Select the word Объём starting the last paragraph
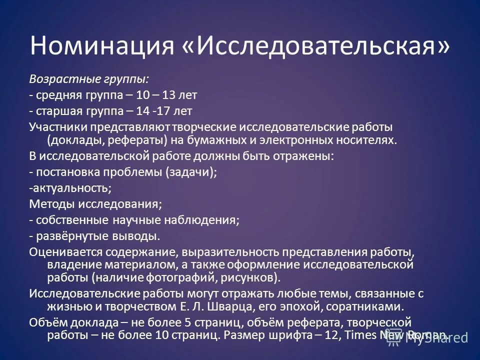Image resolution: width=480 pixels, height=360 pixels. click(x=48, y=321)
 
